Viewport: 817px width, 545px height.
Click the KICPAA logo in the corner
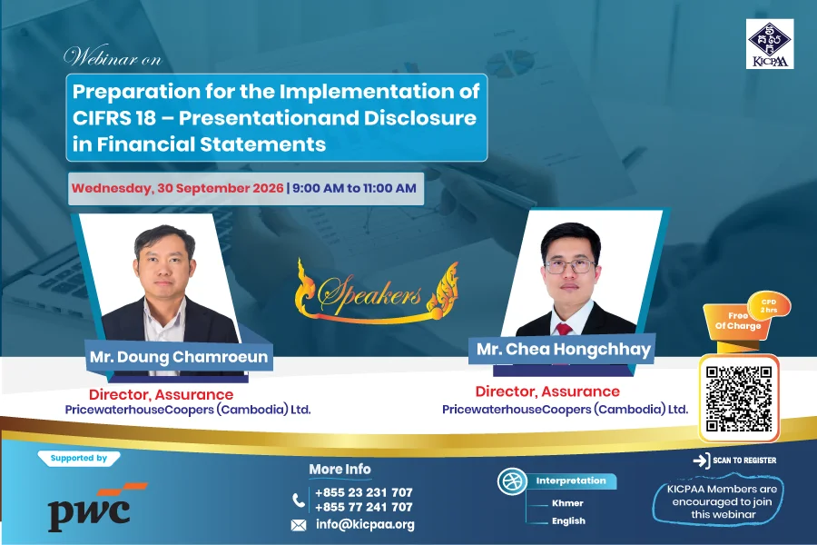tap(770, 44)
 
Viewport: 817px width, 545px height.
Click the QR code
tap(739, 399)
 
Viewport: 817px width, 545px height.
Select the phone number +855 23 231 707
tap(364, 492)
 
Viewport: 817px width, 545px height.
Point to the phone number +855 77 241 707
tap(364, 507)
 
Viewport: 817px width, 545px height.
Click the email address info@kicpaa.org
tap(365, 525)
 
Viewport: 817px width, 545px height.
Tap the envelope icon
tap(299, 525)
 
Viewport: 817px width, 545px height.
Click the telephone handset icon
tap(299, 500)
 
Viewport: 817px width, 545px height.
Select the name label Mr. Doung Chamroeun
tap(179, 357)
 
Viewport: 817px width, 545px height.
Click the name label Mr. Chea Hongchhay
tap(563, 349)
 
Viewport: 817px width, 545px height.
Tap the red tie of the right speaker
tap(564, 329)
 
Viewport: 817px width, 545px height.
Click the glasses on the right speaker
tap(569, 266)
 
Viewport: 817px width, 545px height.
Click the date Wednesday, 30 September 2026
tap(178, 188)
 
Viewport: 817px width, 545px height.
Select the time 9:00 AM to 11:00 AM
tap(354, 188)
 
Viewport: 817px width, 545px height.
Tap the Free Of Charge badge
tap(737, 322)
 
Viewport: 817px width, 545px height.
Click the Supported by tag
tap(79, 458)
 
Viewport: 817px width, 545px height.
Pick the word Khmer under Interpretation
tap(567, 503)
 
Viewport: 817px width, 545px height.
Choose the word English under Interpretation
tap(568, 521)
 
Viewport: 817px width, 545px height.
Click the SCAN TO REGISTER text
tap(744, 461)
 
